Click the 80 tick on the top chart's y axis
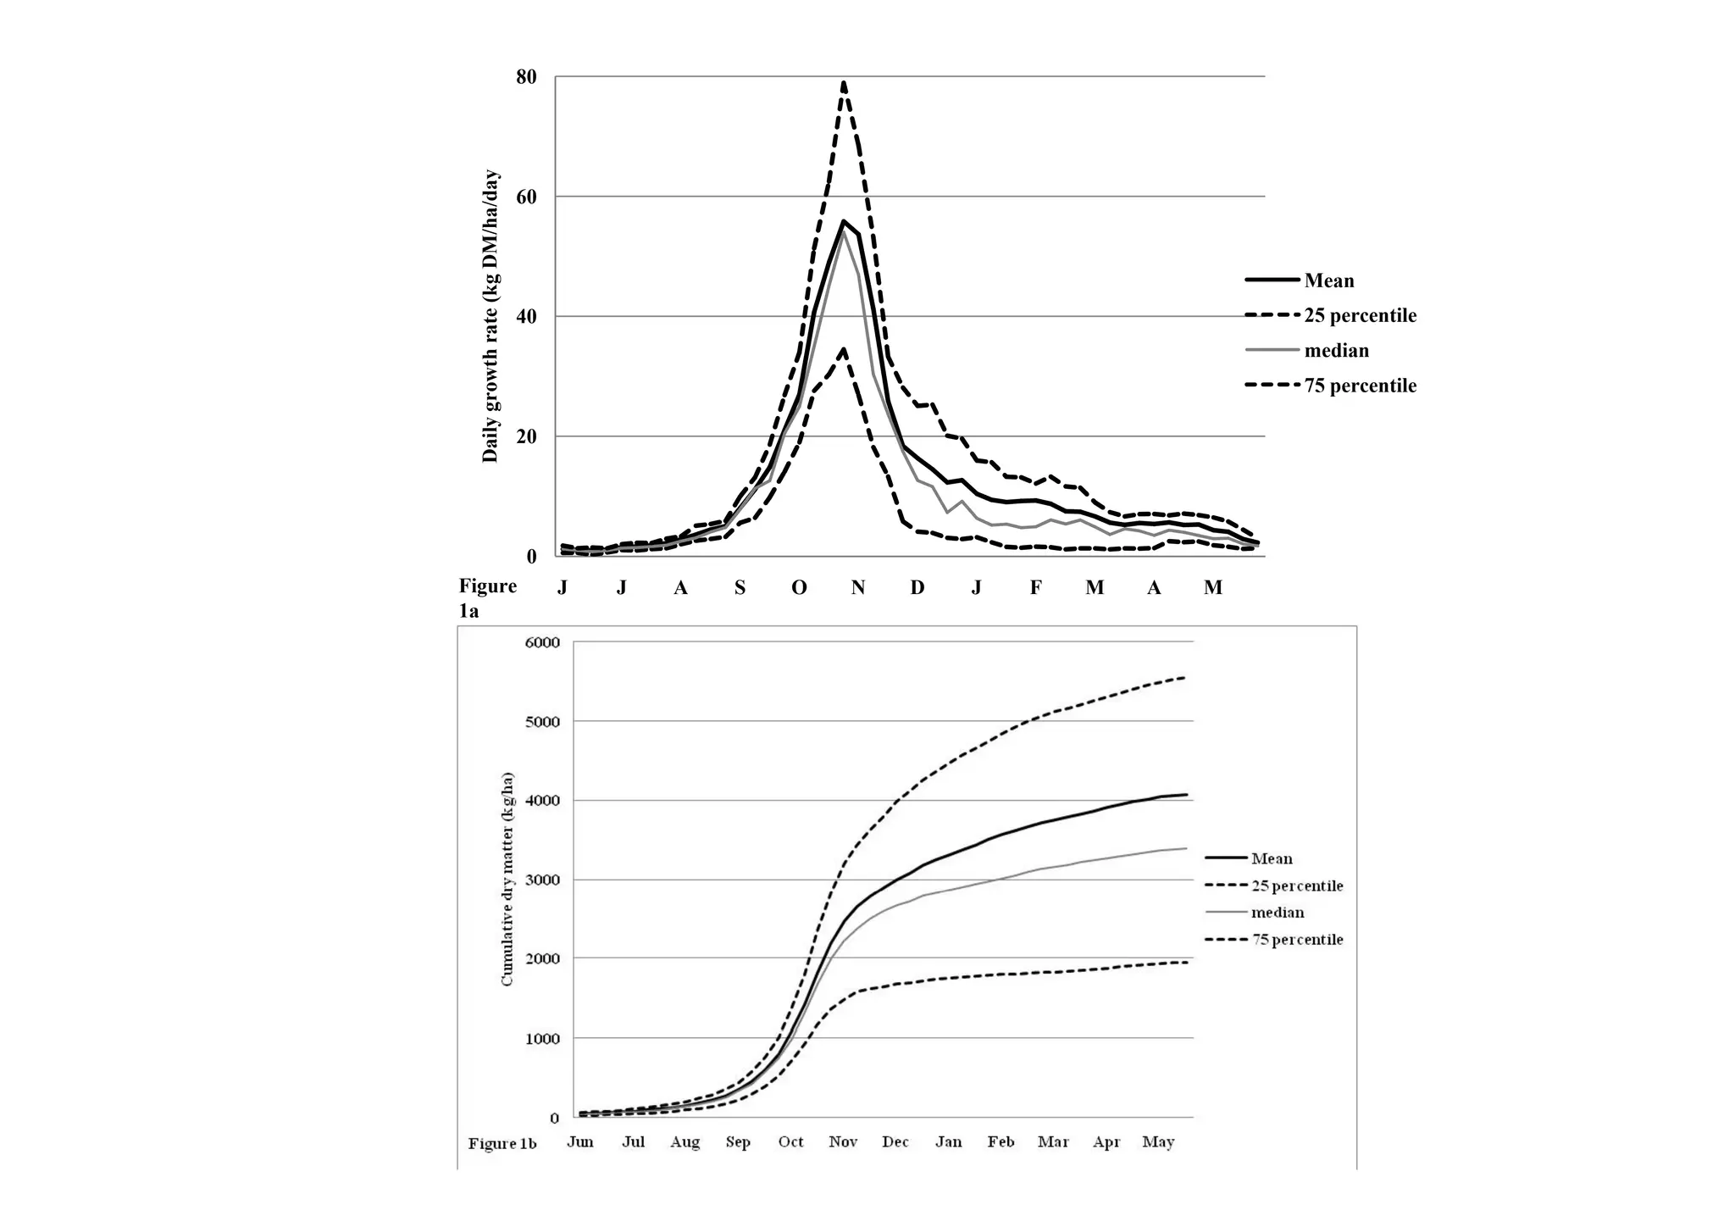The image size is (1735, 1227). [x=526, y=77]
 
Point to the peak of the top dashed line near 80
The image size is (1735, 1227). [x=843, y=83]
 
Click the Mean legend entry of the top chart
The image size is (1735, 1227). [x=1328, y=280]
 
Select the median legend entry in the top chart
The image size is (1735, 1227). [x=1335, y=351]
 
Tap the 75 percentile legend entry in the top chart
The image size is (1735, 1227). [x=1359, y=386]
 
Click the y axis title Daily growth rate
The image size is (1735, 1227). [x=490, y=316]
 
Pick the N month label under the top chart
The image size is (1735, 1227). [x=857, y=587]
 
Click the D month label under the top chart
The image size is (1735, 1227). [x=917, y=587]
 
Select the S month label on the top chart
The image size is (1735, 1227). [x=740, y=587]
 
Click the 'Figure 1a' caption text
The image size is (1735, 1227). [x=487, y=597]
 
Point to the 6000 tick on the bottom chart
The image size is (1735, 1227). [x=543, y=642]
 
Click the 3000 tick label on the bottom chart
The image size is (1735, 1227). [x=543, y=880]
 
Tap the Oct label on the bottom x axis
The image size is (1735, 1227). [x=790, y=1141]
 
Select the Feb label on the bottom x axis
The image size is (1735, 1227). [x=1001, y=1141]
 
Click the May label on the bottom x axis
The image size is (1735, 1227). [x=1158, y=1141]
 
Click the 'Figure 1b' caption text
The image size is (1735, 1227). [x=502, y=1143]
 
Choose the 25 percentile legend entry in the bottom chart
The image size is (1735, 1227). [x=1296, y=886]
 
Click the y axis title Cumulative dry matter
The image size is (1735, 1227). [x=507, y=879]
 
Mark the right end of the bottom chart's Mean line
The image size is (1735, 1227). [x=1186, y=795]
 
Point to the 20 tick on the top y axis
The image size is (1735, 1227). [x=526, y=437]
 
